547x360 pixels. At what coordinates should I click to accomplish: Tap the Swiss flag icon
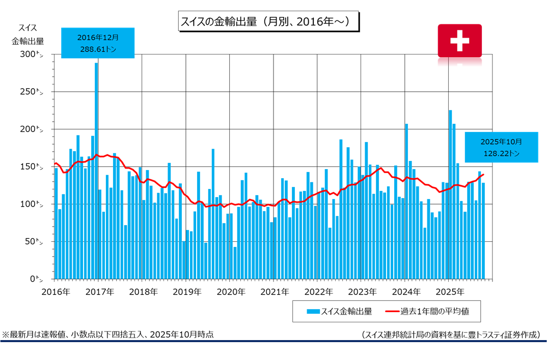tap(459, 40)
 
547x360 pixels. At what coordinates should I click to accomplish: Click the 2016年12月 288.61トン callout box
tap(98, 43)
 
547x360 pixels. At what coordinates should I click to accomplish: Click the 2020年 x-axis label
tap(231, 292)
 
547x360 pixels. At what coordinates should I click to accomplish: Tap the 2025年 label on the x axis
tap(449, 292)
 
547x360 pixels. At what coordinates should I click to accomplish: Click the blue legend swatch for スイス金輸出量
tap(313, 311)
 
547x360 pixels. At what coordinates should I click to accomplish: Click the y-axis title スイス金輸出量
tap(28, 34)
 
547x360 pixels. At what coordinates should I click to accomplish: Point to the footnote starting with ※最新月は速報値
tap(108, 335)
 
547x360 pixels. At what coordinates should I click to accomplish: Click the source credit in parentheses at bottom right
tap(450, 335)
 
